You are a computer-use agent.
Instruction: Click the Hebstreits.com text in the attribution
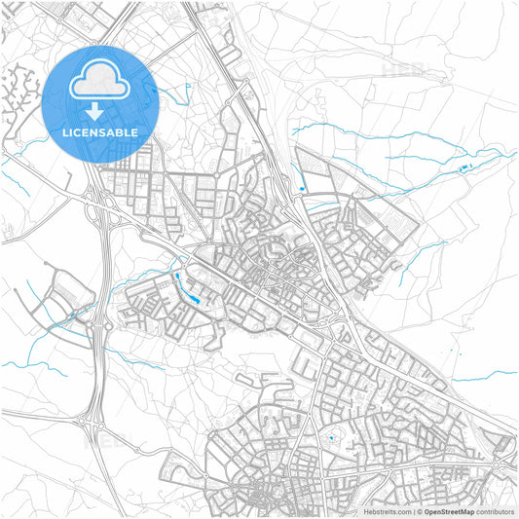pyautogui.click(x=388, y=511)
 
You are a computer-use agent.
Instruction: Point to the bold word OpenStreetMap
pyautogui.click(x=449, y=511)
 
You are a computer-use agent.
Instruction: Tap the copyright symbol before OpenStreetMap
pyautogui.click(x=419, y=511)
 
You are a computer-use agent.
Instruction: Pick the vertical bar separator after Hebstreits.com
pyautogui.click(x=413, y=511)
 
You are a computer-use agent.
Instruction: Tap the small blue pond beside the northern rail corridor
pyautogui.click(x=303, y=188)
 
